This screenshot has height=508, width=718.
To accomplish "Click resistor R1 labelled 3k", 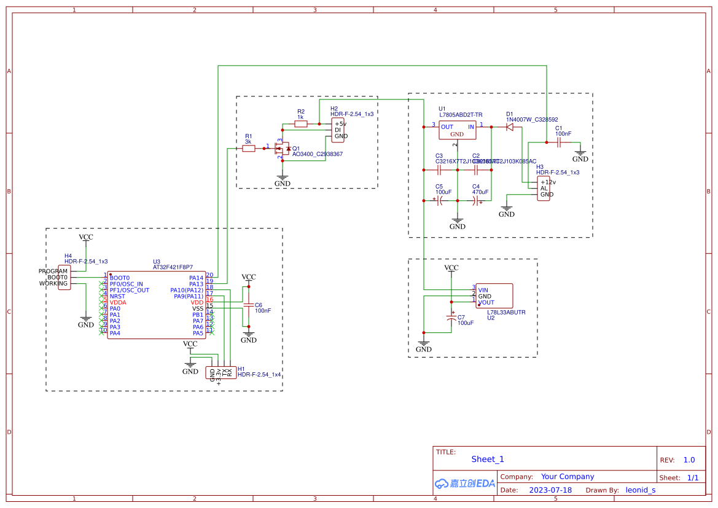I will coord(249,149).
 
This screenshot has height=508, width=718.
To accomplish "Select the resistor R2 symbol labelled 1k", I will coord(301,124).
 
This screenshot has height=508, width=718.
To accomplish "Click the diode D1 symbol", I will coord(509,127).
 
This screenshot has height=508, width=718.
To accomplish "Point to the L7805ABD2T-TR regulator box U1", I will coord(457,130).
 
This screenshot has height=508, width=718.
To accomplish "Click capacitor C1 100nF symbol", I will coord(558,143).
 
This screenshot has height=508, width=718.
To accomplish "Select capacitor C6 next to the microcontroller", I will coord(249,305).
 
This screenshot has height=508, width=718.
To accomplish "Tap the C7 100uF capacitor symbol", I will coord(451,318).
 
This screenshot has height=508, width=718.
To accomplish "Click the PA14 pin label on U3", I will coord(196,278).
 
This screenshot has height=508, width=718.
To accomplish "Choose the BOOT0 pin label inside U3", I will coord(120,278).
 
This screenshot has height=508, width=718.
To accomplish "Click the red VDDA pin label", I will coord(118,302).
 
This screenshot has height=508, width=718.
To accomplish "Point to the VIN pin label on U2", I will coord(483,290).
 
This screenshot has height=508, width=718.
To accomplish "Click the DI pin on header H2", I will coord(337,130).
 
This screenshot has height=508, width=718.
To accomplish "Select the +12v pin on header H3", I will coord(547,182).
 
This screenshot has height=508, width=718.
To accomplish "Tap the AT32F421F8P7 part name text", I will coord(173,268).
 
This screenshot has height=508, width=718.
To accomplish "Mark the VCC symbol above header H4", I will coord(86,237).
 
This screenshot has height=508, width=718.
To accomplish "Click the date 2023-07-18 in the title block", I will coord(550,490).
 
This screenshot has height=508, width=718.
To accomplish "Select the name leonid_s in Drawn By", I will coord(640,490).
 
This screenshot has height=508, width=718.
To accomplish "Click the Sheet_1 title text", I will coord(488,459).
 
